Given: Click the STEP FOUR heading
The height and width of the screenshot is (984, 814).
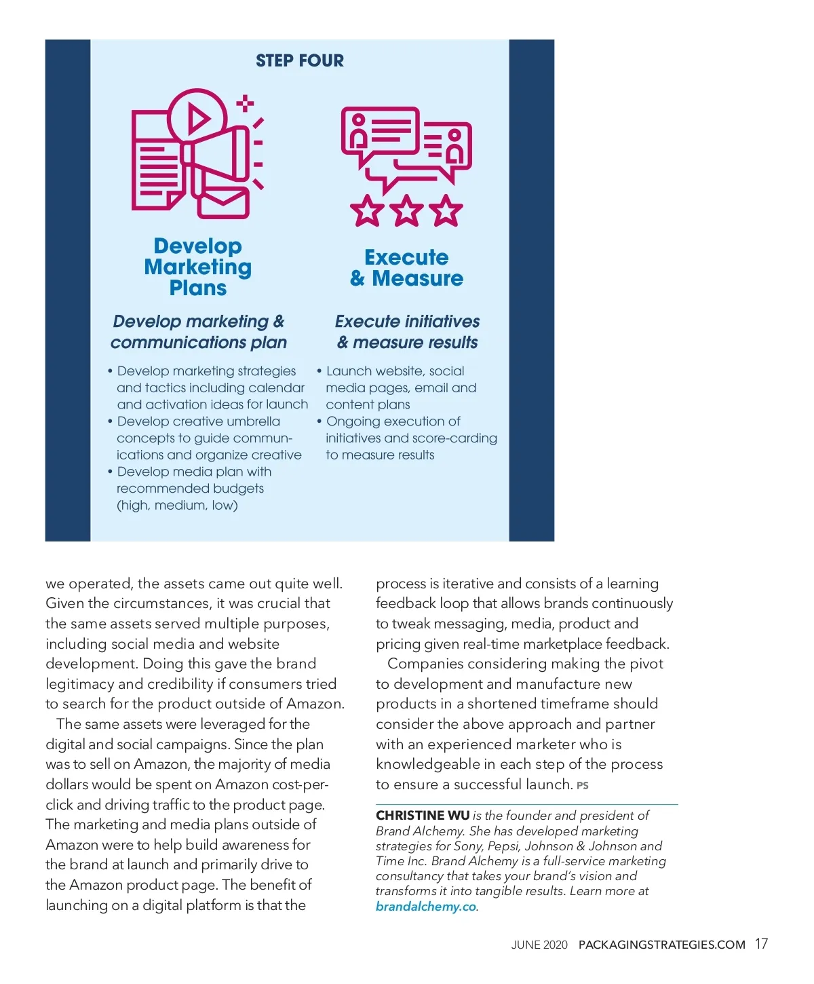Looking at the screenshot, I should point(299,61).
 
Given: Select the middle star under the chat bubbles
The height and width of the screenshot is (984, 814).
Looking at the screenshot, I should point(407,210).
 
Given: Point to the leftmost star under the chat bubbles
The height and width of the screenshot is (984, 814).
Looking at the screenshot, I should point(367,210).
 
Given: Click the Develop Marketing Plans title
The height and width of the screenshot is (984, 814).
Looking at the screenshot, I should point(197,267).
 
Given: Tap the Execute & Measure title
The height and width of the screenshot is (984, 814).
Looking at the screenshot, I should point(406,268).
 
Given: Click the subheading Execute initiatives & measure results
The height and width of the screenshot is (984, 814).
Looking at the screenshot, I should point(407,332).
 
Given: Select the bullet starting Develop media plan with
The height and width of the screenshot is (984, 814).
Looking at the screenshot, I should point(194,472).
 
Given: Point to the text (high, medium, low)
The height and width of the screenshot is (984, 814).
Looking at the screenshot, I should point(177,506).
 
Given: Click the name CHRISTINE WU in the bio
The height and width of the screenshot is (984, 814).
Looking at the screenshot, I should point(423,816).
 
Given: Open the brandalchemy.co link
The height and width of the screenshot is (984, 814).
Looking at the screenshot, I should point(426,907).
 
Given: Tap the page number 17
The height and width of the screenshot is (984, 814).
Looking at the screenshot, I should point(761,944).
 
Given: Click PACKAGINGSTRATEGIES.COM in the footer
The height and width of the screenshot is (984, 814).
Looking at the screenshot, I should point(661,945).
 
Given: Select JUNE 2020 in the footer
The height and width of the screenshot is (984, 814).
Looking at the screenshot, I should point(539,945).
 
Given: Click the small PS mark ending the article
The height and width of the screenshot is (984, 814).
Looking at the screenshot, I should point(582,786).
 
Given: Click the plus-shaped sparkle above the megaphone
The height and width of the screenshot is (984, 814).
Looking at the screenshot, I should point(245,104).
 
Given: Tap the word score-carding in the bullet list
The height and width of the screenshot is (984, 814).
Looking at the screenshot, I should point(459,438).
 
